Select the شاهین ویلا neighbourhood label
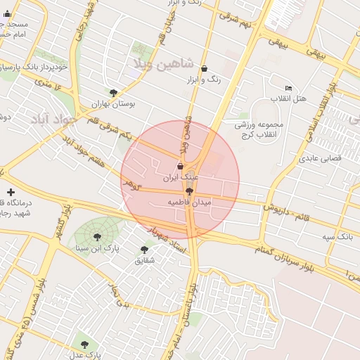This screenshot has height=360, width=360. pos(161,63)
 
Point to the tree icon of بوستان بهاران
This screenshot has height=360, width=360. pos(113,92)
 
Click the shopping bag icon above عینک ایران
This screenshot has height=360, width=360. pos(181,167)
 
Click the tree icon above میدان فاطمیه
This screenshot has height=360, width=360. pos(189,191)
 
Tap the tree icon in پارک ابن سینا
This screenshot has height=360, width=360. pos(97,237)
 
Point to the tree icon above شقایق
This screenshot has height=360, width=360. pos(144,250)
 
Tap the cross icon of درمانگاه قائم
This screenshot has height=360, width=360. pos(10,192)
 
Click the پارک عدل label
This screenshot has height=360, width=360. pos(88,355)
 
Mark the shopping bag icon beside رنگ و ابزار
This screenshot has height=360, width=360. pos(204,69)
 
